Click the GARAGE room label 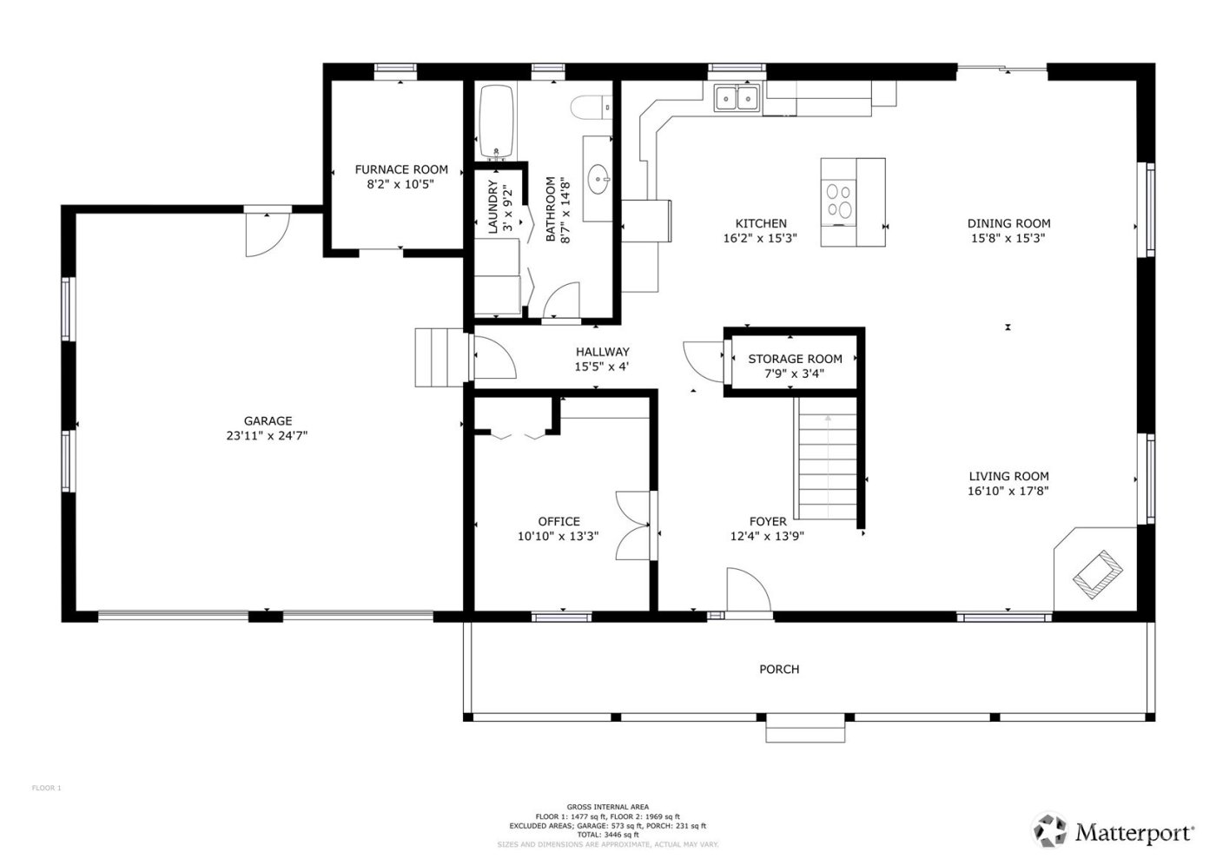point(268,421)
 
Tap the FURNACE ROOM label point(401,169)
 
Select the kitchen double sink point(737,98)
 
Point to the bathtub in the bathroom point(496,121)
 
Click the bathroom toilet point(592,107)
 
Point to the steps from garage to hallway point(438,357)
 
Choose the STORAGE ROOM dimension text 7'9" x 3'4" point(795,374)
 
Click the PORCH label point(779,669)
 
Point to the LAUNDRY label point(493,208)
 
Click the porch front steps point(805,730)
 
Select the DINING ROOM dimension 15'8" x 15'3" point(1008,237)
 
